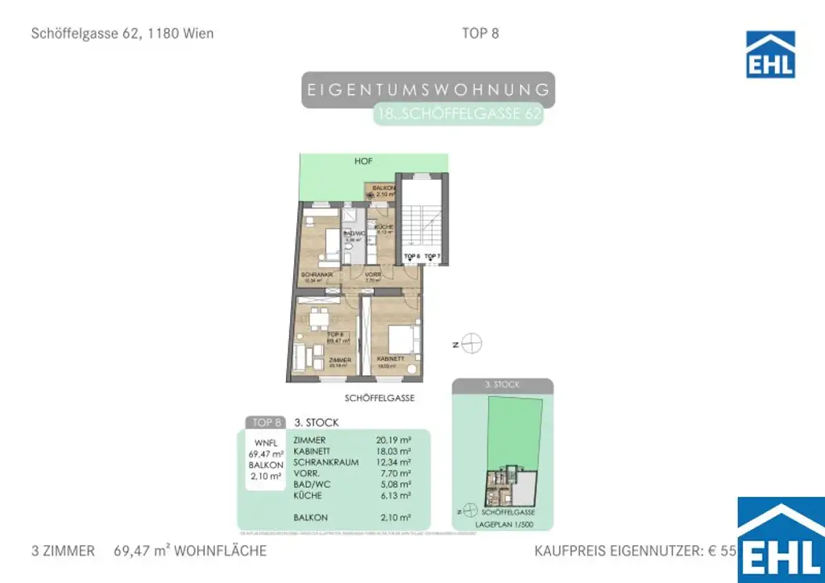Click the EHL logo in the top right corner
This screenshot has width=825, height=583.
coord(770,55)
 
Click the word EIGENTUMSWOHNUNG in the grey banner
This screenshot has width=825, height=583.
coord(429,89)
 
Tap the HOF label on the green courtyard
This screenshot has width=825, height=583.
coord(363,162)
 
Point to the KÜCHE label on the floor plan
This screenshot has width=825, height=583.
coord(383,228)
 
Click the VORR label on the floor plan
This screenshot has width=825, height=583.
coord(373,275)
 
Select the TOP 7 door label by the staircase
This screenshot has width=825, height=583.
coord(433,256)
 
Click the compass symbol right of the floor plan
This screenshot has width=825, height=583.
coord(473,344)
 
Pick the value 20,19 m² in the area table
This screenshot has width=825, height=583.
coord(394,440)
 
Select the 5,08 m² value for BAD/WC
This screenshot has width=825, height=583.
coord(394,485)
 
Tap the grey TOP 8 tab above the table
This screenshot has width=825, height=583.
coord(267,422)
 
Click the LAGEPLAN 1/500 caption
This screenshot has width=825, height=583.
coord(503,523)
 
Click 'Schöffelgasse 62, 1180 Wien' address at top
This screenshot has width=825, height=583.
coord(122,34)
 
